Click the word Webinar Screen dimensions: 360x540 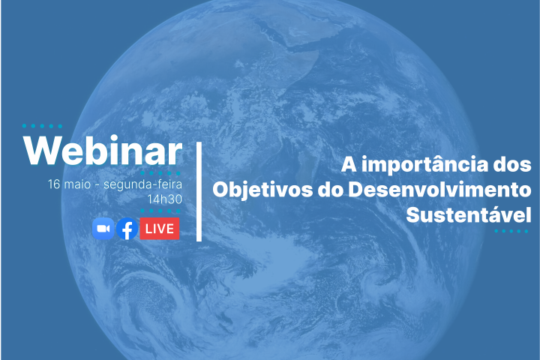(103, 151)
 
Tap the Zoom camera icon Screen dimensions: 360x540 (103, 228)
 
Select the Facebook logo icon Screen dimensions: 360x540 (127, 228)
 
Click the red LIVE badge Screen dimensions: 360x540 (159, 228)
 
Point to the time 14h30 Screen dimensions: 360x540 (165, 199)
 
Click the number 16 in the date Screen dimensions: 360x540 (53, 184)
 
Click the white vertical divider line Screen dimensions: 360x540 (199, 191)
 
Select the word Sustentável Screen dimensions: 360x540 (469, 214)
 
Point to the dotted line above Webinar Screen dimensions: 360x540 (43, 126)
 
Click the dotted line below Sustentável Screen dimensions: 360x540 (512, 231)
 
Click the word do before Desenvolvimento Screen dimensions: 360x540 (328, 189)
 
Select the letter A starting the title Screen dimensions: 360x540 (349, 163)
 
